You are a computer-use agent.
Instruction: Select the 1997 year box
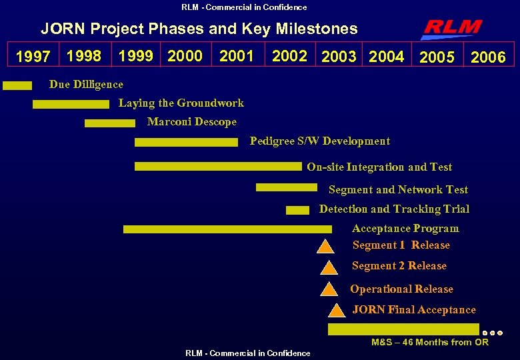[33, 57]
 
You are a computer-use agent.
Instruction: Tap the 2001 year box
[237, 56]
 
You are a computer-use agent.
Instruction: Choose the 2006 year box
[488, 57]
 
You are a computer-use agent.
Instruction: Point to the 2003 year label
[339, 57]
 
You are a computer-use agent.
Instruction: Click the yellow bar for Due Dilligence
[17, 85]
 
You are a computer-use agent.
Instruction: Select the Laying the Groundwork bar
[70, 104]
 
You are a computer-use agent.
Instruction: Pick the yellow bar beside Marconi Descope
[109, 123]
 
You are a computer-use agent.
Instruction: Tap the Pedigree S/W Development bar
[186, 142]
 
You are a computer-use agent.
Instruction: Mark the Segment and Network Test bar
[287, 187]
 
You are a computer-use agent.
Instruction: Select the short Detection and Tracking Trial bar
[297, 210]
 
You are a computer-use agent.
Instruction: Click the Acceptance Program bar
[227, 229]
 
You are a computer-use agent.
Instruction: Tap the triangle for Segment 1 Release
[325, 247]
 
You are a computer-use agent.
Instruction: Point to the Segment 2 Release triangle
[329, 269]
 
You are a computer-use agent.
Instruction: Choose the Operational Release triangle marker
[329, 289]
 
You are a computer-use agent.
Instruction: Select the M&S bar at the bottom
[403, 329]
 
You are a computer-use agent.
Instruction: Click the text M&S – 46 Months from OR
[429, 342]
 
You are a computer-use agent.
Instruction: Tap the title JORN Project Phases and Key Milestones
[199, 29]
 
